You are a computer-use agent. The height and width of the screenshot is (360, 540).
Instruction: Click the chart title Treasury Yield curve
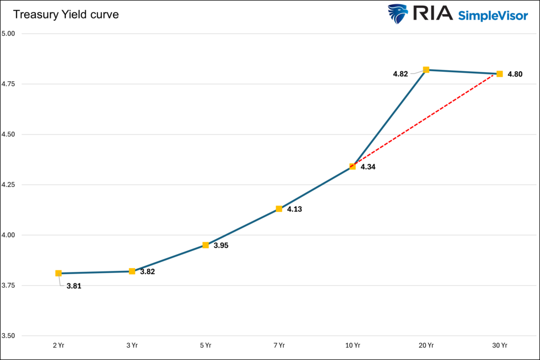point(66,15)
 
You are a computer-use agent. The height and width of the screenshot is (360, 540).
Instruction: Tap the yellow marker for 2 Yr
point(59,273)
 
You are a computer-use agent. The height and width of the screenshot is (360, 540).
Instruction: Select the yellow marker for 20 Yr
point(426,70)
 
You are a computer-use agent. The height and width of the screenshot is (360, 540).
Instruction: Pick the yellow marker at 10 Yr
point(353,167)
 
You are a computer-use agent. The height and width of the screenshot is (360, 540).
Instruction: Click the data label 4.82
point(400,74)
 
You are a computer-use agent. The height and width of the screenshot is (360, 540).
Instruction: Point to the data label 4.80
point(515,74)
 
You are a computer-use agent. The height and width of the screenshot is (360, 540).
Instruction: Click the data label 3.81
point(74,286)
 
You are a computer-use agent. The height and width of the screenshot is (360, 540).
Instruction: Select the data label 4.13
point(295,209)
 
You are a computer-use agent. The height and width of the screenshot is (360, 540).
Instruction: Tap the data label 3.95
point(221,246)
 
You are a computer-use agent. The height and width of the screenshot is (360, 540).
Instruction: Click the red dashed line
point(426,120)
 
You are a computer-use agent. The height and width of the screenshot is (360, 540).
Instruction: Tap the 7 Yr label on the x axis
point(279,346)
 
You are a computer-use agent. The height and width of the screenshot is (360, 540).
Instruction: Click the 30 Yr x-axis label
point(499,346)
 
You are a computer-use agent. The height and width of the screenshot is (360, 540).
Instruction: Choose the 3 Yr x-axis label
point(132,346)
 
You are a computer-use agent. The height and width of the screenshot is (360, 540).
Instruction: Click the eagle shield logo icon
point(398,14)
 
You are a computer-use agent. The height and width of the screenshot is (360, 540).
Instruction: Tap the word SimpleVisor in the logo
point(493,15)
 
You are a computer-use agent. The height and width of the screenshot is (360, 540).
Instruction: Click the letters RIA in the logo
point(432,14)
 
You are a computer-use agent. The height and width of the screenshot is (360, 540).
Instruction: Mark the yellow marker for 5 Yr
point(206,245)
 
